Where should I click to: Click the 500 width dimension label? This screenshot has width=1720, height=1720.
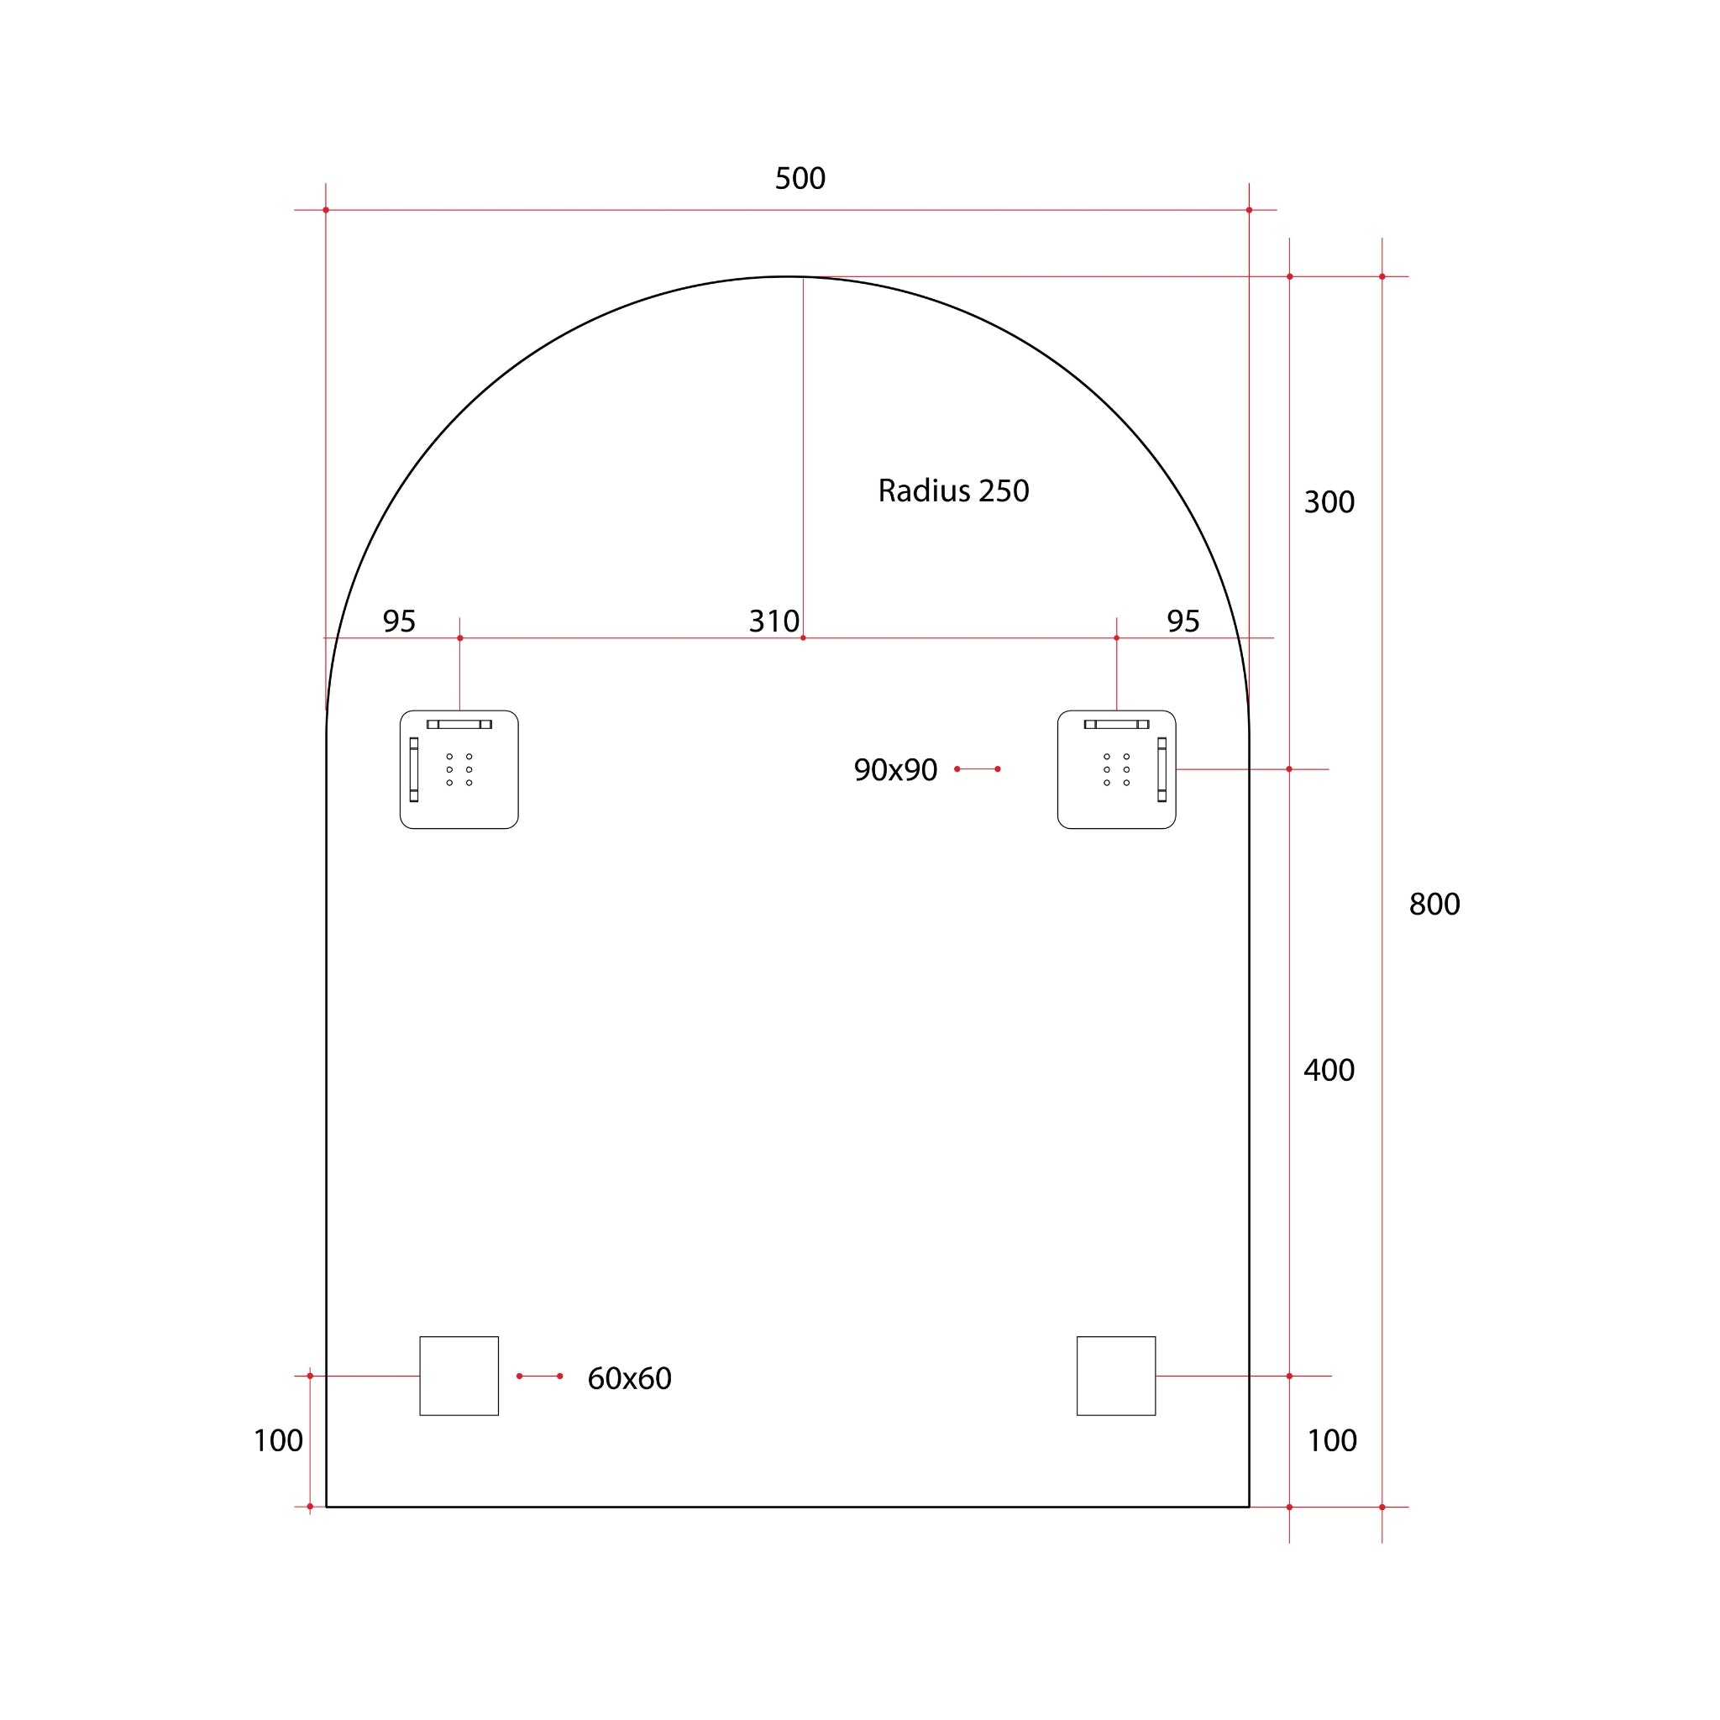click(x=800, y=179)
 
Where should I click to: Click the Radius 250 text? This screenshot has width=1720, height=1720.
click(x=952, y=490)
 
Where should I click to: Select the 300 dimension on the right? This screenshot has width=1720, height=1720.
click(x=1329, y=502)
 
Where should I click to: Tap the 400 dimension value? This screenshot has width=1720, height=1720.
click(x=1329, y=1070)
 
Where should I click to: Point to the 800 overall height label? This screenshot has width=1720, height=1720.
click(x=1434, y=905)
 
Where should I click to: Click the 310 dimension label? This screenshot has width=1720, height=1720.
click(x=773, y=621)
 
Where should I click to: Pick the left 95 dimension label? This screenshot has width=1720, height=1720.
click(x=399, y=621)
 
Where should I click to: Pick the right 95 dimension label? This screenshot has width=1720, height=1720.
click(x=1182, y=621)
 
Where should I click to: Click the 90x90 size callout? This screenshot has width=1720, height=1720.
click(x=894, y=770)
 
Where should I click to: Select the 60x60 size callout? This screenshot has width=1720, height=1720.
click(x=628, y=1379)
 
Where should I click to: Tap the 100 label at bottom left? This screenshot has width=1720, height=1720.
click(x=278, y=1441)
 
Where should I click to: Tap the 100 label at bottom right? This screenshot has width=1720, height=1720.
click(x=1331, y=1441)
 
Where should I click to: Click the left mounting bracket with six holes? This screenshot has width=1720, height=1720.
click(x=459, y=770)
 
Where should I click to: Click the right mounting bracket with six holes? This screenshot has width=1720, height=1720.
click(x=1115, y=770)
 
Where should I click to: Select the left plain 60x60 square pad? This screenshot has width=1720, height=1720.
click(x=459, y=1377)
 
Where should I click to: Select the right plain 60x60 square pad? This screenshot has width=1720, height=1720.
click(x=1115, y=1377)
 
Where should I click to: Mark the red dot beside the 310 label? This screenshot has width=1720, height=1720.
click(x=803, y=638)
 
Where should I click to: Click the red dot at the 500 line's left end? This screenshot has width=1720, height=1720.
click(x=326, y=210)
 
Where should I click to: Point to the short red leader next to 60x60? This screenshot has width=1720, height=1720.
click(x=539, y=1377)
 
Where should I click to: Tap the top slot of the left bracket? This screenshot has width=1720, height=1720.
click(x=459, y=725)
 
